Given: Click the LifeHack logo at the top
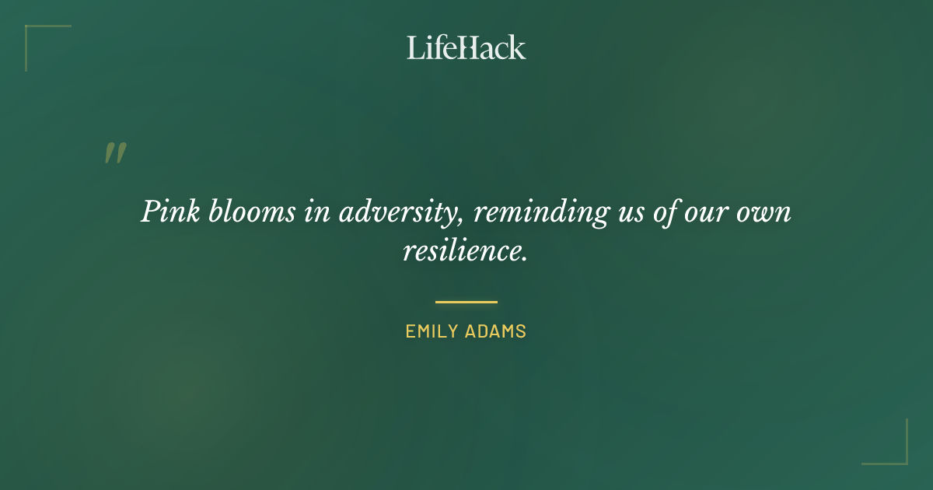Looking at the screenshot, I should click(466, 47).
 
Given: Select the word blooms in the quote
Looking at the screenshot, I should click(240, 212).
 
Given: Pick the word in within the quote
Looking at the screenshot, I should click(316, 212).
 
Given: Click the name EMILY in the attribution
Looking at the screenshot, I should click(432, 331).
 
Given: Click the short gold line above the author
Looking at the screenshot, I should click(466, 302).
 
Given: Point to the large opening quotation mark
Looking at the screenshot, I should click(115, 153).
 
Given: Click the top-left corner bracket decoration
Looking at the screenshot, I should click(31, 31).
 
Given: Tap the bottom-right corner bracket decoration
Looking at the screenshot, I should click(902, 459).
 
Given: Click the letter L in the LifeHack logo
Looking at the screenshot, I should click(414, 47).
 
